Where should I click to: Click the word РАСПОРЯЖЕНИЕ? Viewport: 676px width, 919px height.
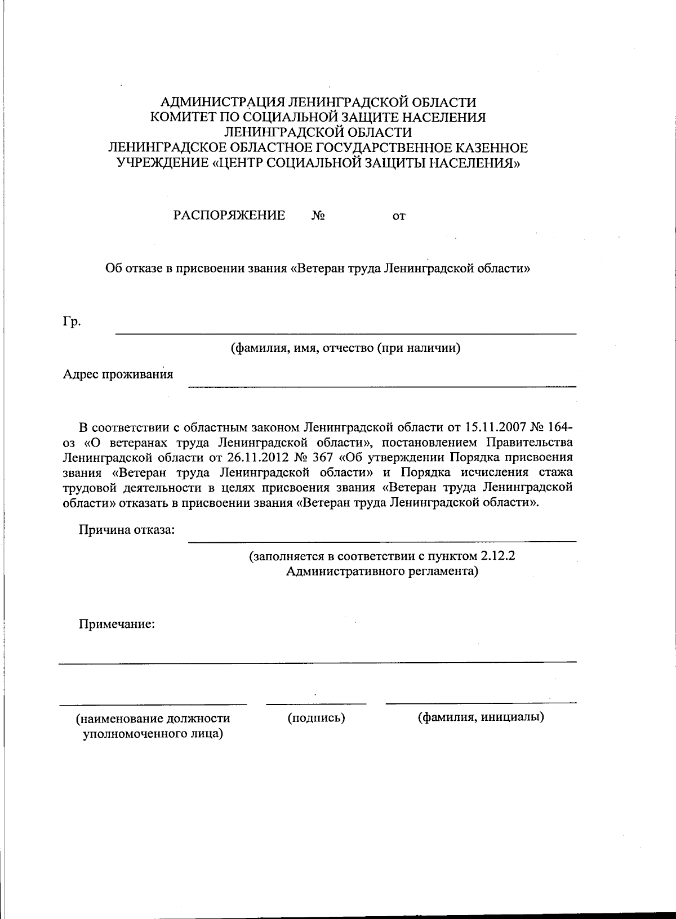click(229, 216)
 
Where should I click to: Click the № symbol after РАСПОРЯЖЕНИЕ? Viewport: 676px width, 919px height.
click(318, 216)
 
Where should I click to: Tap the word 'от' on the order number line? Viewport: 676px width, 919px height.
click(399, 216)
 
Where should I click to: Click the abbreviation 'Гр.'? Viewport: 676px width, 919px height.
click(71, 322)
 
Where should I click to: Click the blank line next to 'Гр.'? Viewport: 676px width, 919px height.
click(345, 334)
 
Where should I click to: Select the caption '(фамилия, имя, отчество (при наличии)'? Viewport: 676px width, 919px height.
click(346, 348)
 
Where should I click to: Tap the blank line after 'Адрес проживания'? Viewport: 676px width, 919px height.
click(382, 386)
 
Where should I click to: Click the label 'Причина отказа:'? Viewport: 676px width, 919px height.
click(127, 530)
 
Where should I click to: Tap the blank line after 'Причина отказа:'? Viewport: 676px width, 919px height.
click(382, 541)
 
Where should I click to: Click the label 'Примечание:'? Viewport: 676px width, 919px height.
click(117, 624)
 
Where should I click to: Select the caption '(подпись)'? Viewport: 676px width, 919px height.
click(316, 718)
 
